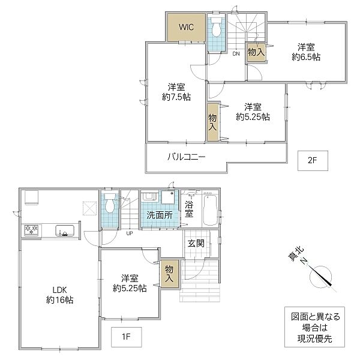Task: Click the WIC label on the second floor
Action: pyautogui.click(x=186, y=27)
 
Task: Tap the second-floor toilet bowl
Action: pyautogui.click(x=215, y=27)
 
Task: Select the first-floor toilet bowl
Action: pyautogui.click(x=110, y=203)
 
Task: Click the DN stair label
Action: pyautogui.click(x=236, y=54)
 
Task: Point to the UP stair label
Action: pyautogui.click(x=130, y=233)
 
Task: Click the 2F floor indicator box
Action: pyautogui.click(x=313, y=161)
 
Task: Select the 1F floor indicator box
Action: pyautogui.click(x=126, y=337)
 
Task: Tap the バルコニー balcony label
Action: pyautogui.click(x=186, y=157)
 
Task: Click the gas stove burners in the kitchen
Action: pyautogui.click(x=31, y=230)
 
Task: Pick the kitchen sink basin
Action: pyautogui.click(x=65, y=231)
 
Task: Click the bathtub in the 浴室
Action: pyautogui.click(x=211, y=210)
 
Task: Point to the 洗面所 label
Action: pyautogui.click(x=160, y=215)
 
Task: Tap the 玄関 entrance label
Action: pyautogui.click(x=196, y=243)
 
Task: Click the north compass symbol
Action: pyautogui.click(x=320, y=277)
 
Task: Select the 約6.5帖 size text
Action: pyautogui.click(x=306, y=57)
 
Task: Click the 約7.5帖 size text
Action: pyautogui.click(x=176, y=97)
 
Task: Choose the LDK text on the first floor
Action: pyautogui.click(x=59, y=290)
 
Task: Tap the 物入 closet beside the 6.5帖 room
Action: pyautogui.click(x=256, y=53)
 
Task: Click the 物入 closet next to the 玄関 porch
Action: pyautogui.click(x=169, y=274)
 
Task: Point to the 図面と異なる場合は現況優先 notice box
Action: pyautogui.click(x=314, y=327)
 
